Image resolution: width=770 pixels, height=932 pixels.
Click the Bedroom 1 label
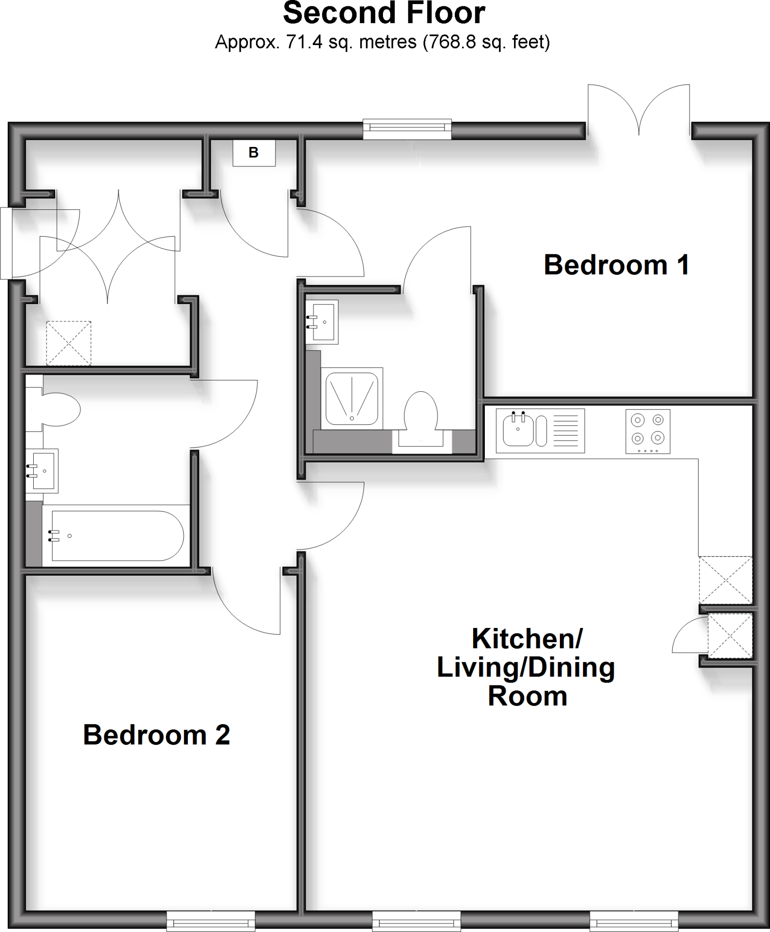coord(616,265)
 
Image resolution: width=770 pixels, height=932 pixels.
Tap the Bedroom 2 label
coord(156,734)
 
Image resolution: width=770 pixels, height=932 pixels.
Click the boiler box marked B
coord(254,152)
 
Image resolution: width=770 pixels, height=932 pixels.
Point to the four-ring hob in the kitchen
coord(648,431)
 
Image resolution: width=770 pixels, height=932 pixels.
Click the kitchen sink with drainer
coord(540,431)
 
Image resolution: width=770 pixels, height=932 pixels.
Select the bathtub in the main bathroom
coord(117,536)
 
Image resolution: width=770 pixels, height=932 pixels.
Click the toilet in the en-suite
coord(421,416)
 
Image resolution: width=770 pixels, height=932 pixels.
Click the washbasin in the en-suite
coord(322,322)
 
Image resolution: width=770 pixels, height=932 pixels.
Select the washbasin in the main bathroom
coord(42,471)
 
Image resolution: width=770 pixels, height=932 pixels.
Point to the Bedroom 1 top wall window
coord(407,129)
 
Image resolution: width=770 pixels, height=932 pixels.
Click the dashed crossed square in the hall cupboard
coord(68,343)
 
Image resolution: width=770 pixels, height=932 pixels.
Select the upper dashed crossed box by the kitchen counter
coord(725,580)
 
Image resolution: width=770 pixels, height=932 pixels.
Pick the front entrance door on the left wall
coord(6,243)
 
